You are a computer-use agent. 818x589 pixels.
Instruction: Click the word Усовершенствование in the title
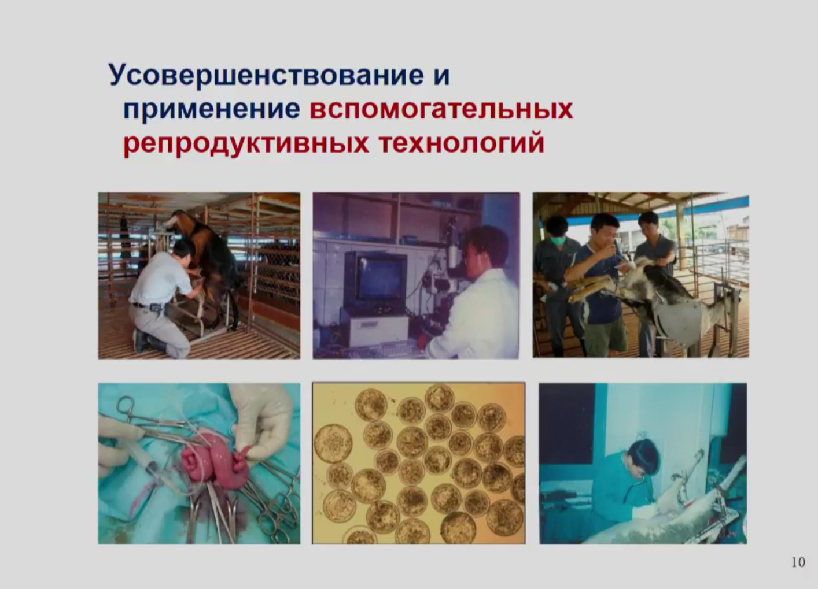(x=266, y=76)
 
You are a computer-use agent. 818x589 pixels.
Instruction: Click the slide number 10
(x=798, y=562)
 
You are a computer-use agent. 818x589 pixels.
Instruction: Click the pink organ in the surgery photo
(x=215, y=463)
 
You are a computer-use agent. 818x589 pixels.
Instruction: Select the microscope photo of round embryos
(x=419, y=463)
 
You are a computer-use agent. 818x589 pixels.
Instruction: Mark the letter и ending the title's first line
(x=442, y=76)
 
